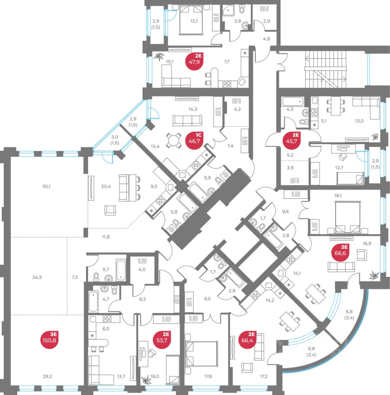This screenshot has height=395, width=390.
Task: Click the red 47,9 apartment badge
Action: click(195, 60)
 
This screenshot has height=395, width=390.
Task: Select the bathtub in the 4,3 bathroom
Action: click(292, 100)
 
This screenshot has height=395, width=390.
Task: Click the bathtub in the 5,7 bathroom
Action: click(120, 270)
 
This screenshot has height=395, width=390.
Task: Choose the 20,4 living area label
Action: click(106, 186)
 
